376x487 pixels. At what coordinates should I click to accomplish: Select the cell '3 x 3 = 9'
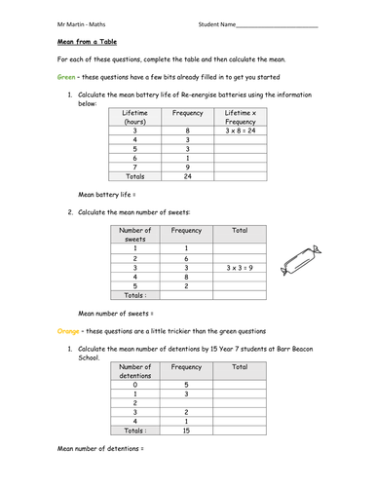point(239,266)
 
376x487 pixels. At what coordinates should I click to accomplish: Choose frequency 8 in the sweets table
point(186,277)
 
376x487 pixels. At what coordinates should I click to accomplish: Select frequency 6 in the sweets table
point(186,256)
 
